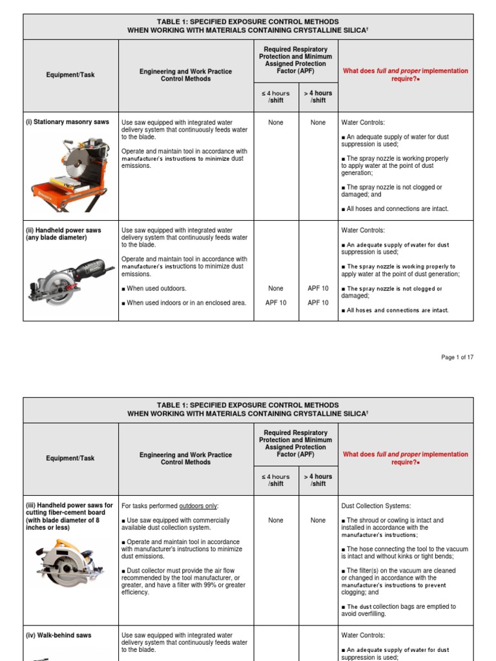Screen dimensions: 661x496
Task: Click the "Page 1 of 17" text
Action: [457, 357]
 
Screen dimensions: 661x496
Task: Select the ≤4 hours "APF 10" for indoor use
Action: [276, 303]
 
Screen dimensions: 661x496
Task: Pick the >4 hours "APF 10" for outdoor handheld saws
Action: [318, 289]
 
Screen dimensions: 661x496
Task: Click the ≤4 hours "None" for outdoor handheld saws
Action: [276, 289]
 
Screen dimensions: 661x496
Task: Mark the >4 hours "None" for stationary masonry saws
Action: [318, 123]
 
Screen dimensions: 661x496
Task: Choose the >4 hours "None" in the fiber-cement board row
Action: [318, 520]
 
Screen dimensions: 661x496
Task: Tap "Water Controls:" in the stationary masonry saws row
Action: [362, 122]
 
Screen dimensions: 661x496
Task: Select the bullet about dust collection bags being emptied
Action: [400, 610]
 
